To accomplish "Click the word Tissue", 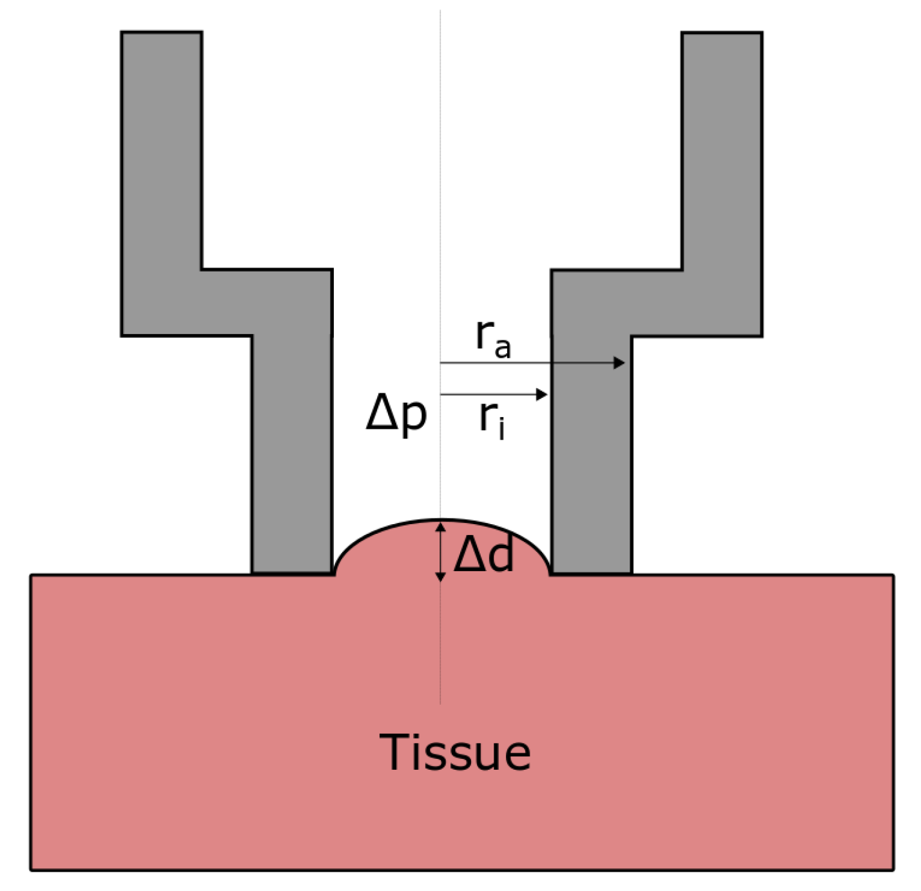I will [x=455, y=752].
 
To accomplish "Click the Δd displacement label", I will [x=484, y=554].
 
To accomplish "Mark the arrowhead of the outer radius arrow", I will [x=619, y=363].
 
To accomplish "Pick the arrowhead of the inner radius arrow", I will [x=542, y=394].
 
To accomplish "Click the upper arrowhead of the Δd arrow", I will [x=440, y=527].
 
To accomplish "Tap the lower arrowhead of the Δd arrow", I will [x=440, y=576].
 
